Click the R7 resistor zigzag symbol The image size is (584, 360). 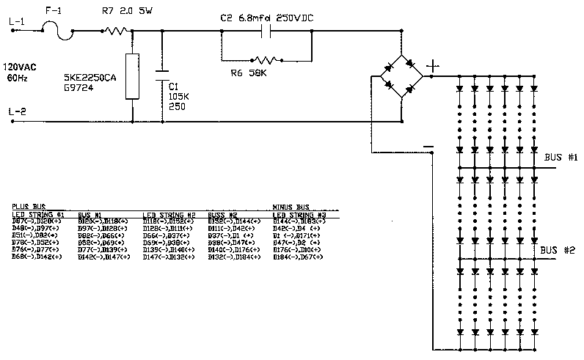(x=116, y=31)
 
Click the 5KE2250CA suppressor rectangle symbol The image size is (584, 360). (x=131, y=76)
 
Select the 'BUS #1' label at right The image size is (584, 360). (x=561, y=158)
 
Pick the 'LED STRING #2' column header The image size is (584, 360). (x=168, y=215)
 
